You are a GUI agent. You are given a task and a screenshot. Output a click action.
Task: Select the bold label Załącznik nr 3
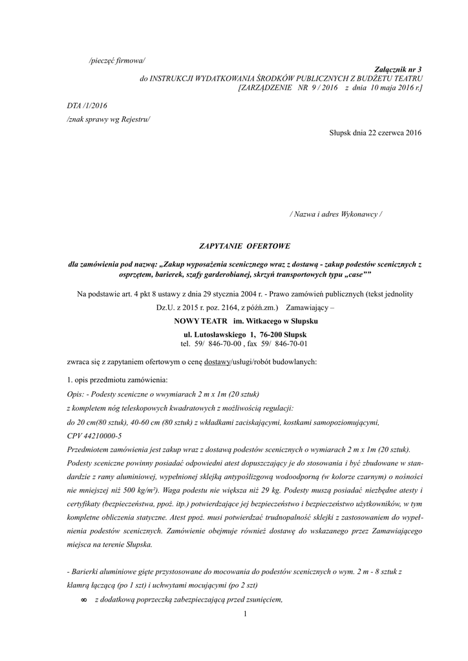(398, 68)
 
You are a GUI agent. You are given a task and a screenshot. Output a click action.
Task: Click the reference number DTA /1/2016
(87, 105)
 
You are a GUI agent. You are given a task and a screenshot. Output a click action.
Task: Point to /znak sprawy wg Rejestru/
(108, 119)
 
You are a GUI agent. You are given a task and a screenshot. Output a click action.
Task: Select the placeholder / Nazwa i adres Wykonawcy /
(335, 214)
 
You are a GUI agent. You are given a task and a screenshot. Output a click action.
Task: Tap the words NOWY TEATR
(201, 321)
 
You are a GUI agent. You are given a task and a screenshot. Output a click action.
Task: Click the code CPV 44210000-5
(94, 436)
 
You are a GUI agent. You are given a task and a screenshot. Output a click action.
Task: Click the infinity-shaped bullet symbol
(83, 600)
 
